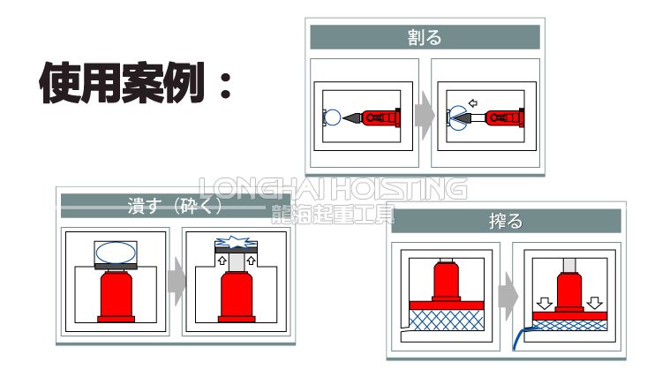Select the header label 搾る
[505, 221]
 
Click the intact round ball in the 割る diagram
[331, 116]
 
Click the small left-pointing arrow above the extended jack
[473, 102]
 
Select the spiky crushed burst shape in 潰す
[233, 242]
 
